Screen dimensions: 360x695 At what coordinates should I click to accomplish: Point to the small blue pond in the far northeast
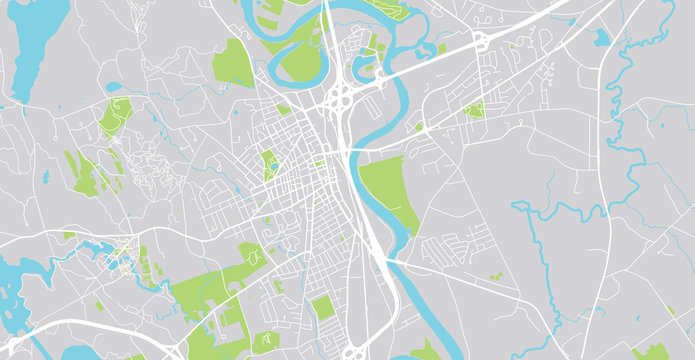click(601, 38)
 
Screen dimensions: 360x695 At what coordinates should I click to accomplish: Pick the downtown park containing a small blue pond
click(270, 165)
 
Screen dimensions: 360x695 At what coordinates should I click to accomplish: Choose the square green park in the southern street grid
click(321, 307)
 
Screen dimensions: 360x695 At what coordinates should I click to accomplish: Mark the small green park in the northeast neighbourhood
click(473, 109)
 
